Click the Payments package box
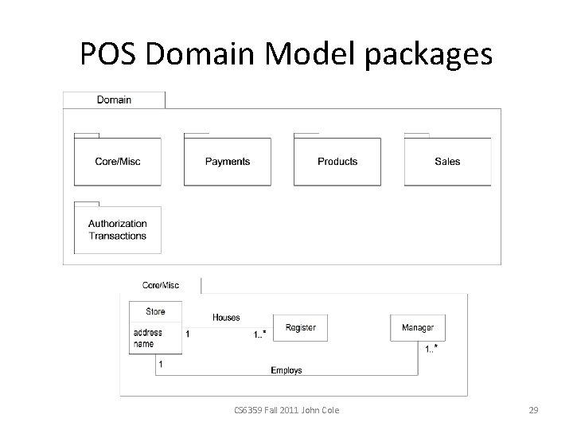(227, 162)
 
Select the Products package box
(337, 162)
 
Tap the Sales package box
(447, 162)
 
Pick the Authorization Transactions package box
(118, 230)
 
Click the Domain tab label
(114, 100)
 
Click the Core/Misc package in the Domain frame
(118, 162)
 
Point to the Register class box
(300, 328)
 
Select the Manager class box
(418, 328)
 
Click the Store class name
(155, 311)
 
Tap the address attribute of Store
(148, 333)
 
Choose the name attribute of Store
(144, 344)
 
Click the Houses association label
(226, 318)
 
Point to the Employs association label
(286, 370)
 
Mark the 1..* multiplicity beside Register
(260, 334)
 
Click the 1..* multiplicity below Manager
(431, 349)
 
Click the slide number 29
(534, 410)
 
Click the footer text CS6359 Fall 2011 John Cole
(286, 410)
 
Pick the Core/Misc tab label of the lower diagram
(160, 285)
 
